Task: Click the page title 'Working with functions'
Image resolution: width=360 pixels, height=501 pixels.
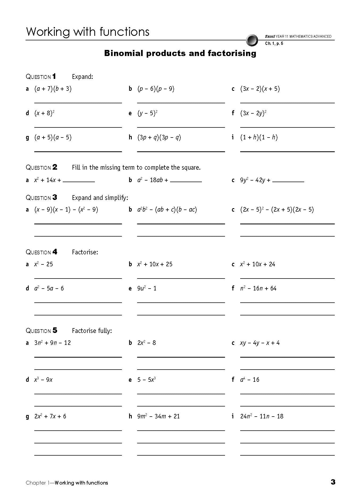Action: (x=88, y=32)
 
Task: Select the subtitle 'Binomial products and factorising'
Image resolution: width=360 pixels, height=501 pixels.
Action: (x=180, y=53)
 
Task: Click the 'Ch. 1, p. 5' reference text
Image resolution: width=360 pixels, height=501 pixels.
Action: (x=274, y=44)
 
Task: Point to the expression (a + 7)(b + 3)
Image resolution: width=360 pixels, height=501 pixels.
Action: (x=53, y=89)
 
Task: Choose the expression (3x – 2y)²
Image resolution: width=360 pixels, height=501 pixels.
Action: (x=253, y=113)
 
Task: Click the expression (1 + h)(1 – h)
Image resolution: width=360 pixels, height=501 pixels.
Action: (x=259, y=138)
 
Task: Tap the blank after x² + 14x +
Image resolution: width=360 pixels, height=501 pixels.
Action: (x=79, y=181)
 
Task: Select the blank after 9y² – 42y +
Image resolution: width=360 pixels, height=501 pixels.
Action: (x=288, y=181)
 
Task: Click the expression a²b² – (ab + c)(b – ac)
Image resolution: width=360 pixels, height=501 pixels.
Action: (x=167, y=210)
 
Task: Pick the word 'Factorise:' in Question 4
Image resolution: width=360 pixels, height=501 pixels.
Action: (x=85, y=252)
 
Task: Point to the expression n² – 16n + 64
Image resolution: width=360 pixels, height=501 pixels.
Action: (x=258, y=288)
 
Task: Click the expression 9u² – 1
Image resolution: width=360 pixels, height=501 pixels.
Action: (x=147, y=288)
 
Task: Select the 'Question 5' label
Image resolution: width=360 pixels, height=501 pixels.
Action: (x=41, y=331)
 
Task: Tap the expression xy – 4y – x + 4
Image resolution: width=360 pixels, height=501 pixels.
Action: (x=260, y=343)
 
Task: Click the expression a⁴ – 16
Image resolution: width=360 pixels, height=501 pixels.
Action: (x=249, y=380)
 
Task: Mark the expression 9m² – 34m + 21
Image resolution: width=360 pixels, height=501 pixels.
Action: (x=158, y=416)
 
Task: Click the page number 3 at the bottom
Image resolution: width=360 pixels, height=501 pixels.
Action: (x=333, y=482)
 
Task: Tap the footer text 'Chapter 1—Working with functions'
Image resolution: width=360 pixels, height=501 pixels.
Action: (x=67, y=483)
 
